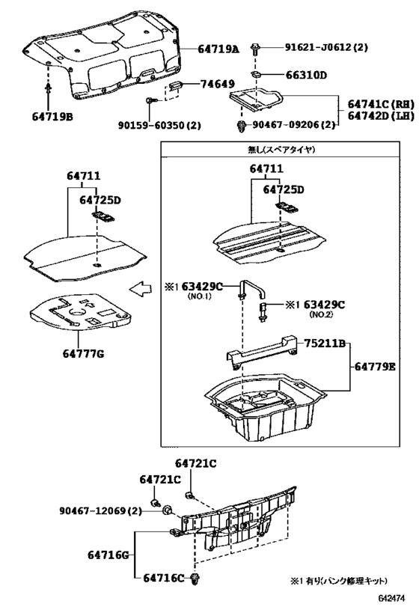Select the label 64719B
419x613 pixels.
52,115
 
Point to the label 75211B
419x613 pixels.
323,344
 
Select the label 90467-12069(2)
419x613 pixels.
101,510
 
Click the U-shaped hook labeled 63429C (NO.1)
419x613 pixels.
250,288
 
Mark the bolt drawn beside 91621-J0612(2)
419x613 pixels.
256,49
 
